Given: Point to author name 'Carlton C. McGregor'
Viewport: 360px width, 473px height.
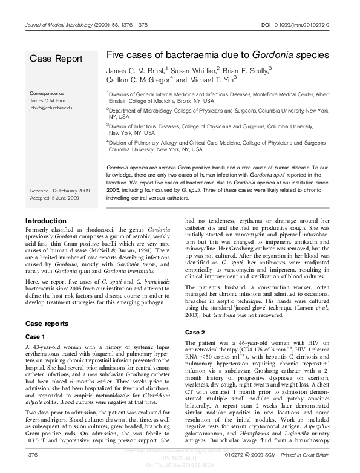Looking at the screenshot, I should [x=139, y=80].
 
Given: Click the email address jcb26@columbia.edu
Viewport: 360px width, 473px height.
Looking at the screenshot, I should [x=50, y=107].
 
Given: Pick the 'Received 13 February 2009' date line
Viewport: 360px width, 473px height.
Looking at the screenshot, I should [x=61, y=191].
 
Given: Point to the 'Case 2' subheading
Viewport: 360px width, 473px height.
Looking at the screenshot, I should [x=195, y=333].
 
